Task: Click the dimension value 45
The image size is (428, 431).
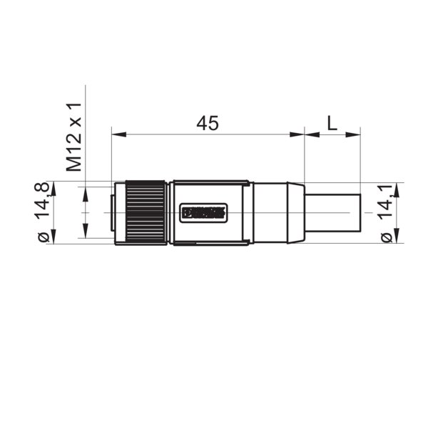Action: [207, 123]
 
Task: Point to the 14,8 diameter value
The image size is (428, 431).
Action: [44, 201]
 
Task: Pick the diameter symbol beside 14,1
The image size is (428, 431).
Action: [386, 237]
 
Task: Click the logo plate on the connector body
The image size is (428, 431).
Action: [204, 212]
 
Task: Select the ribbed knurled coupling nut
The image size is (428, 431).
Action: [148, 212]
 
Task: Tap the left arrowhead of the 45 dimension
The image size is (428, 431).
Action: [116, 134]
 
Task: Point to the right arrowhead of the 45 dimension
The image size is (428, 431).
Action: [300, 134]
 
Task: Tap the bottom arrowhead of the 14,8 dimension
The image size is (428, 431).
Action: [49, 239]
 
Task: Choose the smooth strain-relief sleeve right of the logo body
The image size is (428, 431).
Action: [272, 212]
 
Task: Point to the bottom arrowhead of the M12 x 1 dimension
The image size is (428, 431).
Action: [85, 234]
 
